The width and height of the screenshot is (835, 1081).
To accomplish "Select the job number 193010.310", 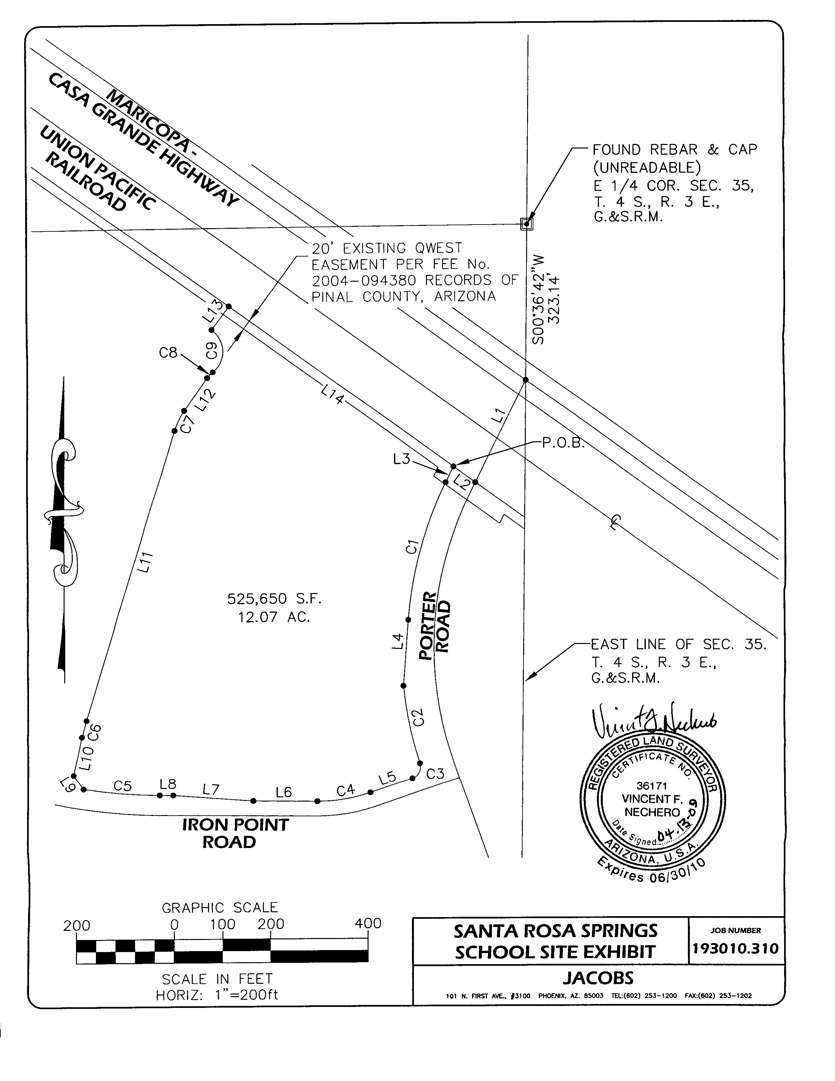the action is click(x=736, y=948).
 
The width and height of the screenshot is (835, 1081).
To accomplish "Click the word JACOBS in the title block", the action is click(x=598, y=978).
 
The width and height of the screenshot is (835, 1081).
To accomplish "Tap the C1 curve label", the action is click(x=412, y=547).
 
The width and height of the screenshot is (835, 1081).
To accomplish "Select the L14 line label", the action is click(x=332, y=395).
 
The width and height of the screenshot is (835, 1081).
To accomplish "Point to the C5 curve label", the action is click(x=122, y=786).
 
